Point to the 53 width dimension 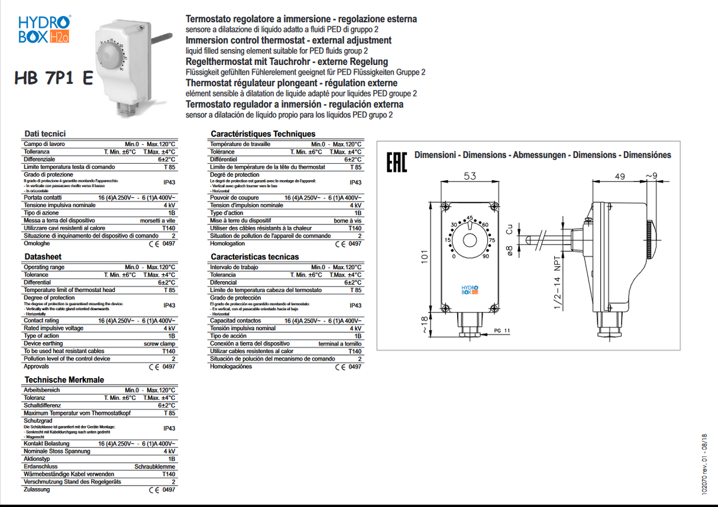pos(470,176)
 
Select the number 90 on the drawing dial pos(486,256)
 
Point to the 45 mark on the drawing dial pos(470,217)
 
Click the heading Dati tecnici pos(45,134)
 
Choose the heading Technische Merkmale pos(64,379)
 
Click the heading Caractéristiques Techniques pos(263,134)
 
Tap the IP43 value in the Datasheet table pos(169,305)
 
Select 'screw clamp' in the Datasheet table pos(159,343)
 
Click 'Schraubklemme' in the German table pos(155,466)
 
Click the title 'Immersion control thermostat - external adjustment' pos(289,40)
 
